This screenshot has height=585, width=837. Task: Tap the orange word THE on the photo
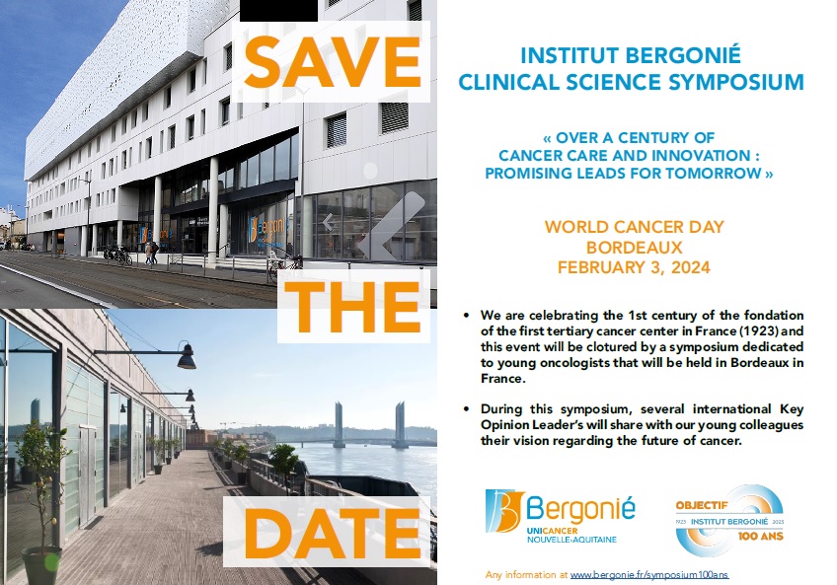pyautogui.click(x=352, y=307)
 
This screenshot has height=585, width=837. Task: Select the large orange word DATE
pyautogui.click(x=332, y=532)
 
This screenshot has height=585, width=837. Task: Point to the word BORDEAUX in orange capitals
pyautogui.click(x=634, y=248)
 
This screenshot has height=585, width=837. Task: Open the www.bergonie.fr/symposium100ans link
pyautogui.click(x=649, y=575)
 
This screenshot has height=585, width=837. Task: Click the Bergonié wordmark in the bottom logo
pyautogui.click(x=580, y=509)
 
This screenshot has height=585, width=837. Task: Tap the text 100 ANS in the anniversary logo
pyautogui.click(x=761, y=536)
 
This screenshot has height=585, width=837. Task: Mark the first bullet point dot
pyautogui.click(x=467, y=316)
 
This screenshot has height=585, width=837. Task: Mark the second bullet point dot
pyautogui.click(x=467, y=409)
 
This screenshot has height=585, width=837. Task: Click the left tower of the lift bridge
pyautogui.click(x=339, y=424)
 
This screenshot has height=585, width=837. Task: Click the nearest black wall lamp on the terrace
pyautogui.click(x=187, y=357)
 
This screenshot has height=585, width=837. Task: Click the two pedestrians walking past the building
pyautogui.click(x=151, y=253)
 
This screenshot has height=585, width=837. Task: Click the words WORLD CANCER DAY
pyautogui.click(x=634, y=227)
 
